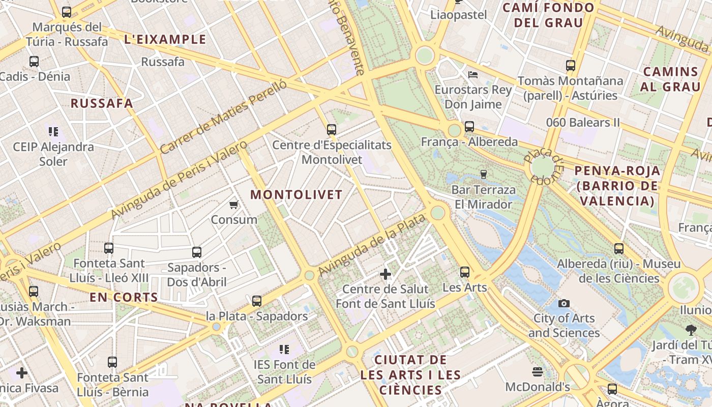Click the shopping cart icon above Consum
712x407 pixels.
[x=233, y=205]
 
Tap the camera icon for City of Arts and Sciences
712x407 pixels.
[x=563, y=304]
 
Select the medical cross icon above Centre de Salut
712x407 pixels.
[x=385, y=274]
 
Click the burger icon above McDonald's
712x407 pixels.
[x=538, y=372]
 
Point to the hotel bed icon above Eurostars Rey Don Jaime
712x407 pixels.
[x=473, y=75]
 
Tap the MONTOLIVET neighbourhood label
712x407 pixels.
[x=296, y=195]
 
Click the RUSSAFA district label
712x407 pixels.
[x=102, y=103]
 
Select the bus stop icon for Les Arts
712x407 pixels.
[x=465, y=272]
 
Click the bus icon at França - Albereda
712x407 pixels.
[x=469, y=127]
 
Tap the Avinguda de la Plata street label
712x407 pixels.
[x=371, y=246]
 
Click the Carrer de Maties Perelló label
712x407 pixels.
[x=223, y=117]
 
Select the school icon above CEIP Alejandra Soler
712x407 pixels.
[x=53, y=132]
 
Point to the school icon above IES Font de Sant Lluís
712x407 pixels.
[x=284, y=350]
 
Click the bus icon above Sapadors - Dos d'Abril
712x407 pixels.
[x=197, y=252]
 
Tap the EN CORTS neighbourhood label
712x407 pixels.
[x=124, y=298]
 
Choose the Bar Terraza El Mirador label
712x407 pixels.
[x=483, y=197]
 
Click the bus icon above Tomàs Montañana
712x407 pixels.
[x=571, y=66]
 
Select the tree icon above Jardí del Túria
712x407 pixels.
[x=691, y=330]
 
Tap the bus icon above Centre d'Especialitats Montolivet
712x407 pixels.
[x=332, y=130]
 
